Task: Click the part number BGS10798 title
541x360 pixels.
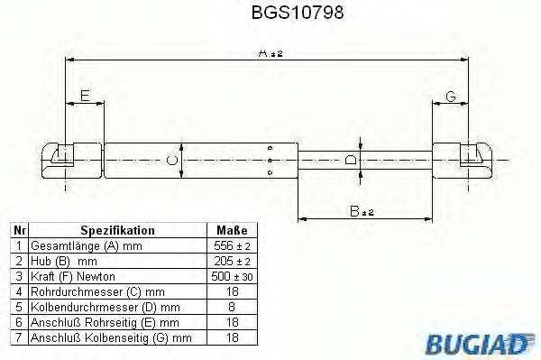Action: pos(270,14)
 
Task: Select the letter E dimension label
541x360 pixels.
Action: pos(84,96)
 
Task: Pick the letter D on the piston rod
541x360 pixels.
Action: pos(351,160)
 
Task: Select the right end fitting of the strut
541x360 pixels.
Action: pos(468,160)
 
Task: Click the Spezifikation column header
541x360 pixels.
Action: pos(117,231)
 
